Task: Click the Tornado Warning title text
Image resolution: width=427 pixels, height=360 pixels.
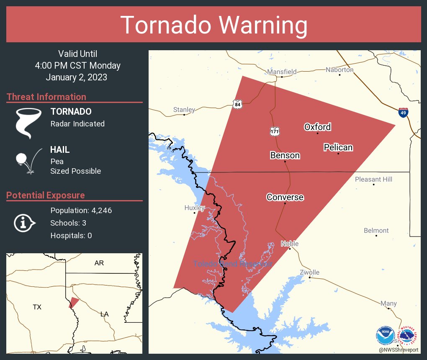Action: [213, 25]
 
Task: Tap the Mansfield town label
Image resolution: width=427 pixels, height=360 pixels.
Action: [282, 72]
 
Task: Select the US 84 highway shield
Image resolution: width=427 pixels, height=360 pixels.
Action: [237, 105]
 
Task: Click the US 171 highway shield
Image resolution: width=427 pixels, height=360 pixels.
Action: [275, 131]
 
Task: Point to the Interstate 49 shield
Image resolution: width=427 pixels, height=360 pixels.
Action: [403, 113]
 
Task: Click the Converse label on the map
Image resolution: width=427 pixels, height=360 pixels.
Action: [285, 197]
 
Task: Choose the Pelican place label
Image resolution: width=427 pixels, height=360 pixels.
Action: [338, 147]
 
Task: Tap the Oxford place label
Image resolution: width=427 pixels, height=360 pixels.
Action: [317, 127]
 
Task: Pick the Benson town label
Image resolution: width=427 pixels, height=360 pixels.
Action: [285, 155]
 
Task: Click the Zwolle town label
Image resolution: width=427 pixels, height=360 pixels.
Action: [310, 273]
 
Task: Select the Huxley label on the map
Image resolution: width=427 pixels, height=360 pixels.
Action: [194, 208]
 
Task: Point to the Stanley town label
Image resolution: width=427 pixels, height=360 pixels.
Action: [184, 110]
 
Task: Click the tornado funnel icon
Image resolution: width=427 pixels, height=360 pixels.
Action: [28, 123]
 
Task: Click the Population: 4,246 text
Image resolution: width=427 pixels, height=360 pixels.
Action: [81, 210]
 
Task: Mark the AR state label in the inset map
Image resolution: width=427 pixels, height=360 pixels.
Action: [99, 263]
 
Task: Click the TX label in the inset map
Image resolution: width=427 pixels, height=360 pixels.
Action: [37, 307]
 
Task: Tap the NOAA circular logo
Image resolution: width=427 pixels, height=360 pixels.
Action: [385, 335]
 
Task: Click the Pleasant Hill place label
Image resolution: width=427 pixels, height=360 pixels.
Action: [373, 179]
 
